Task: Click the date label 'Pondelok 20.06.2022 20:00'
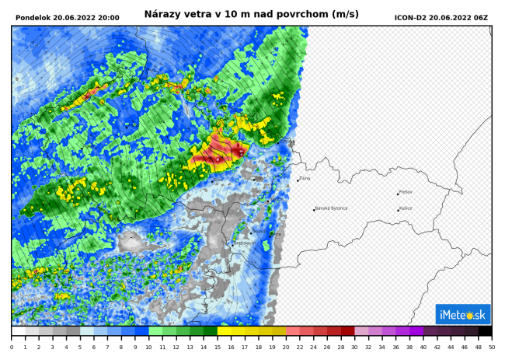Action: (x=68, y=17)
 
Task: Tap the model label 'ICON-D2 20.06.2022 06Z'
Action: (x=441, y=17)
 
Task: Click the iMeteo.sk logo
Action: (x=462, y=314)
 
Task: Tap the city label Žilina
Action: (x=305, y=179)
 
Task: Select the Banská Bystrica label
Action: (x=333, y=208)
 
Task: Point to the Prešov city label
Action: (x=406, y=192)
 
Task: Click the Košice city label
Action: (x=406, y=209)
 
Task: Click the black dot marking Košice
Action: (x=399, y=210)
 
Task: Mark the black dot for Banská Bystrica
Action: (x=314, y=209)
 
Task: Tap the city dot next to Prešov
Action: (x=399, y=193)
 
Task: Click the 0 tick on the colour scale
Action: (x=12, y=348)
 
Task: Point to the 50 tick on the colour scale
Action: (x=491, y=348)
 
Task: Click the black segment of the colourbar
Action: (x=485, y=330)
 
